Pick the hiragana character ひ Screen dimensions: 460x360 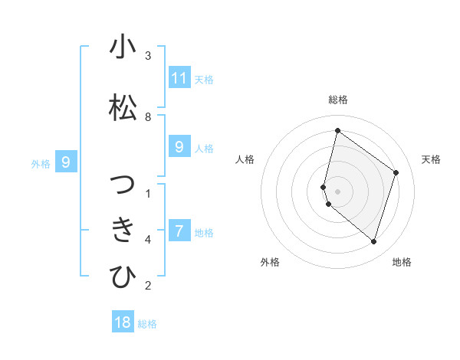123,277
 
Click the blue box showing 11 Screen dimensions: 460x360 179,77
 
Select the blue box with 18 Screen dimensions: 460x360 123,322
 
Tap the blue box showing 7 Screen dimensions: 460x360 179,231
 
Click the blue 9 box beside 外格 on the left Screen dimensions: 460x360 66,162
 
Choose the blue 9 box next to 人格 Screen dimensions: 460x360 179,147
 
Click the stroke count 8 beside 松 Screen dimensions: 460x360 148,117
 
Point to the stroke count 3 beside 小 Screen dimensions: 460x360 148,56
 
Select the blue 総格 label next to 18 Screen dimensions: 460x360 147,324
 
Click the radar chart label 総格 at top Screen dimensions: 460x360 338,100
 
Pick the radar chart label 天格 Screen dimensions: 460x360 431,159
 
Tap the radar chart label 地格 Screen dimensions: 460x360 402,262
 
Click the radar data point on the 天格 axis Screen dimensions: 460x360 396,172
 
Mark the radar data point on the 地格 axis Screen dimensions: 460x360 373,241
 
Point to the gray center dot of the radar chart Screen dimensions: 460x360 338,191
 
